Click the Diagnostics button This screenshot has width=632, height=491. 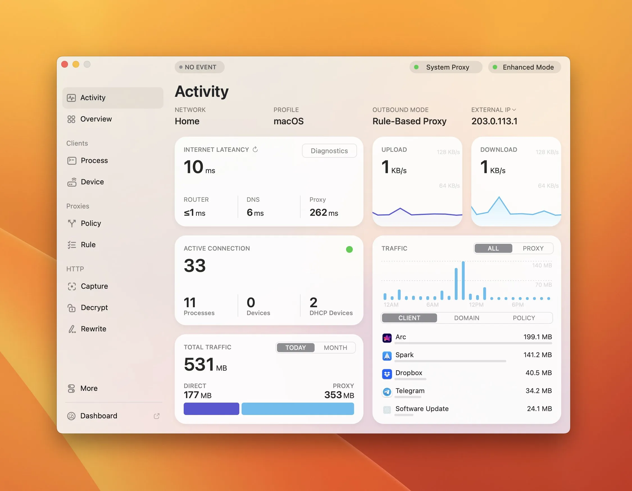pyautogui.click(x=329, y=151)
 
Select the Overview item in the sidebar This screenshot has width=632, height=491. pyautogui.click(x=96, y=119)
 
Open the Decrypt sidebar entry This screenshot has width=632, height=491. pyautogui.click(x=94, y=308)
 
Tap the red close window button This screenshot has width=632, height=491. pyautogui.click(x=65, y=64)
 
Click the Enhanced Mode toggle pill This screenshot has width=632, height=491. pyautogui.click(x=524, y=67)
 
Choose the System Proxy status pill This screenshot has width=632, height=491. pyautogui.click(x=445, y=67)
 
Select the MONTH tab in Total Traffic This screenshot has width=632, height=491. pyautogui.click(x=335, y=348)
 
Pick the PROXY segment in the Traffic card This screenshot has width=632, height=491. pyautogui.click(x=533, y=248)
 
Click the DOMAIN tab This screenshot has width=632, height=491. pyautogui.click(x=467, y=318)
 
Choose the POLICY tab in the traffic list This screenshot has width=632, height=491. pyautogui.click(x=524, y=318)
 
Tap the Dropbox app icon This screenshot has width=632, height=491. pyautogui.click(x=387, y=374)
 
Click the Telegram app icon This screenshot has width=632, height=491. pyautogui.click(x=387, y=392)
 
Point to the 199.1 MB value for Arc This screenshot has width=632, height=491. pyautogui.click(x=537, y=337)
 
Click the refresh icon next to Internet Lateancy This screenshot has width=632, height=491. pyautogui.click(x=255, y=150)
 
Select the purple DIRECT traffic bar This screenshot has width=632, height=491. pyautogui.click(x=211, y=409)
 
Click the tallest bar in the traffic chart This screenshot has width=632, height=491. pyautogui.click(x=463, y=280)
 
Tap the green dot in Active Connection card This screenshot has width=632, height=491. pyautogui.click(x=349, y=249)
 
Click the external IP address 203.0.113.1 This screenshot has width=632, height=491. pyautogui.click(x=494, y=121)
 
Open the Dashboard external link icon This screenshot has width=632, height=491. pyautogui.click(x=156, y=416)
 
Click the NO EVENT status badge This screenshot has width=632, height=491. pyautogui.click(x=199, y=67)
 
